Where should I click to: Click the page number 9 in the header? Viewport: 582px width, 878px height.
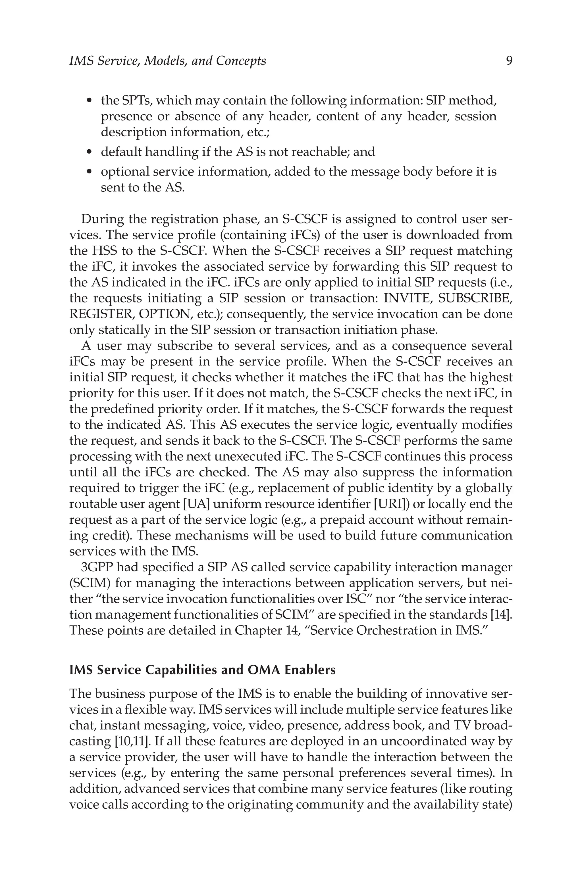(509, 61)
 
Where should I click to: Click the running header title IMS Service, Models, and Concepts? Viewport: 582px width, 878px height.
(167, 61)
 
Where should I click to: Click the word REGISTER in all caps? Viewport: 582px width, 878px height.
(102, 314)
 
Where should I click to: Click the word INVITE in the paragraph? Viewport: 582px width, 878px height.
(406, 298)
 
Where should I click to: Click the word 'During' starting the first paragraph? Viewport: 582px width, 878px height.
(102, 219)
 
